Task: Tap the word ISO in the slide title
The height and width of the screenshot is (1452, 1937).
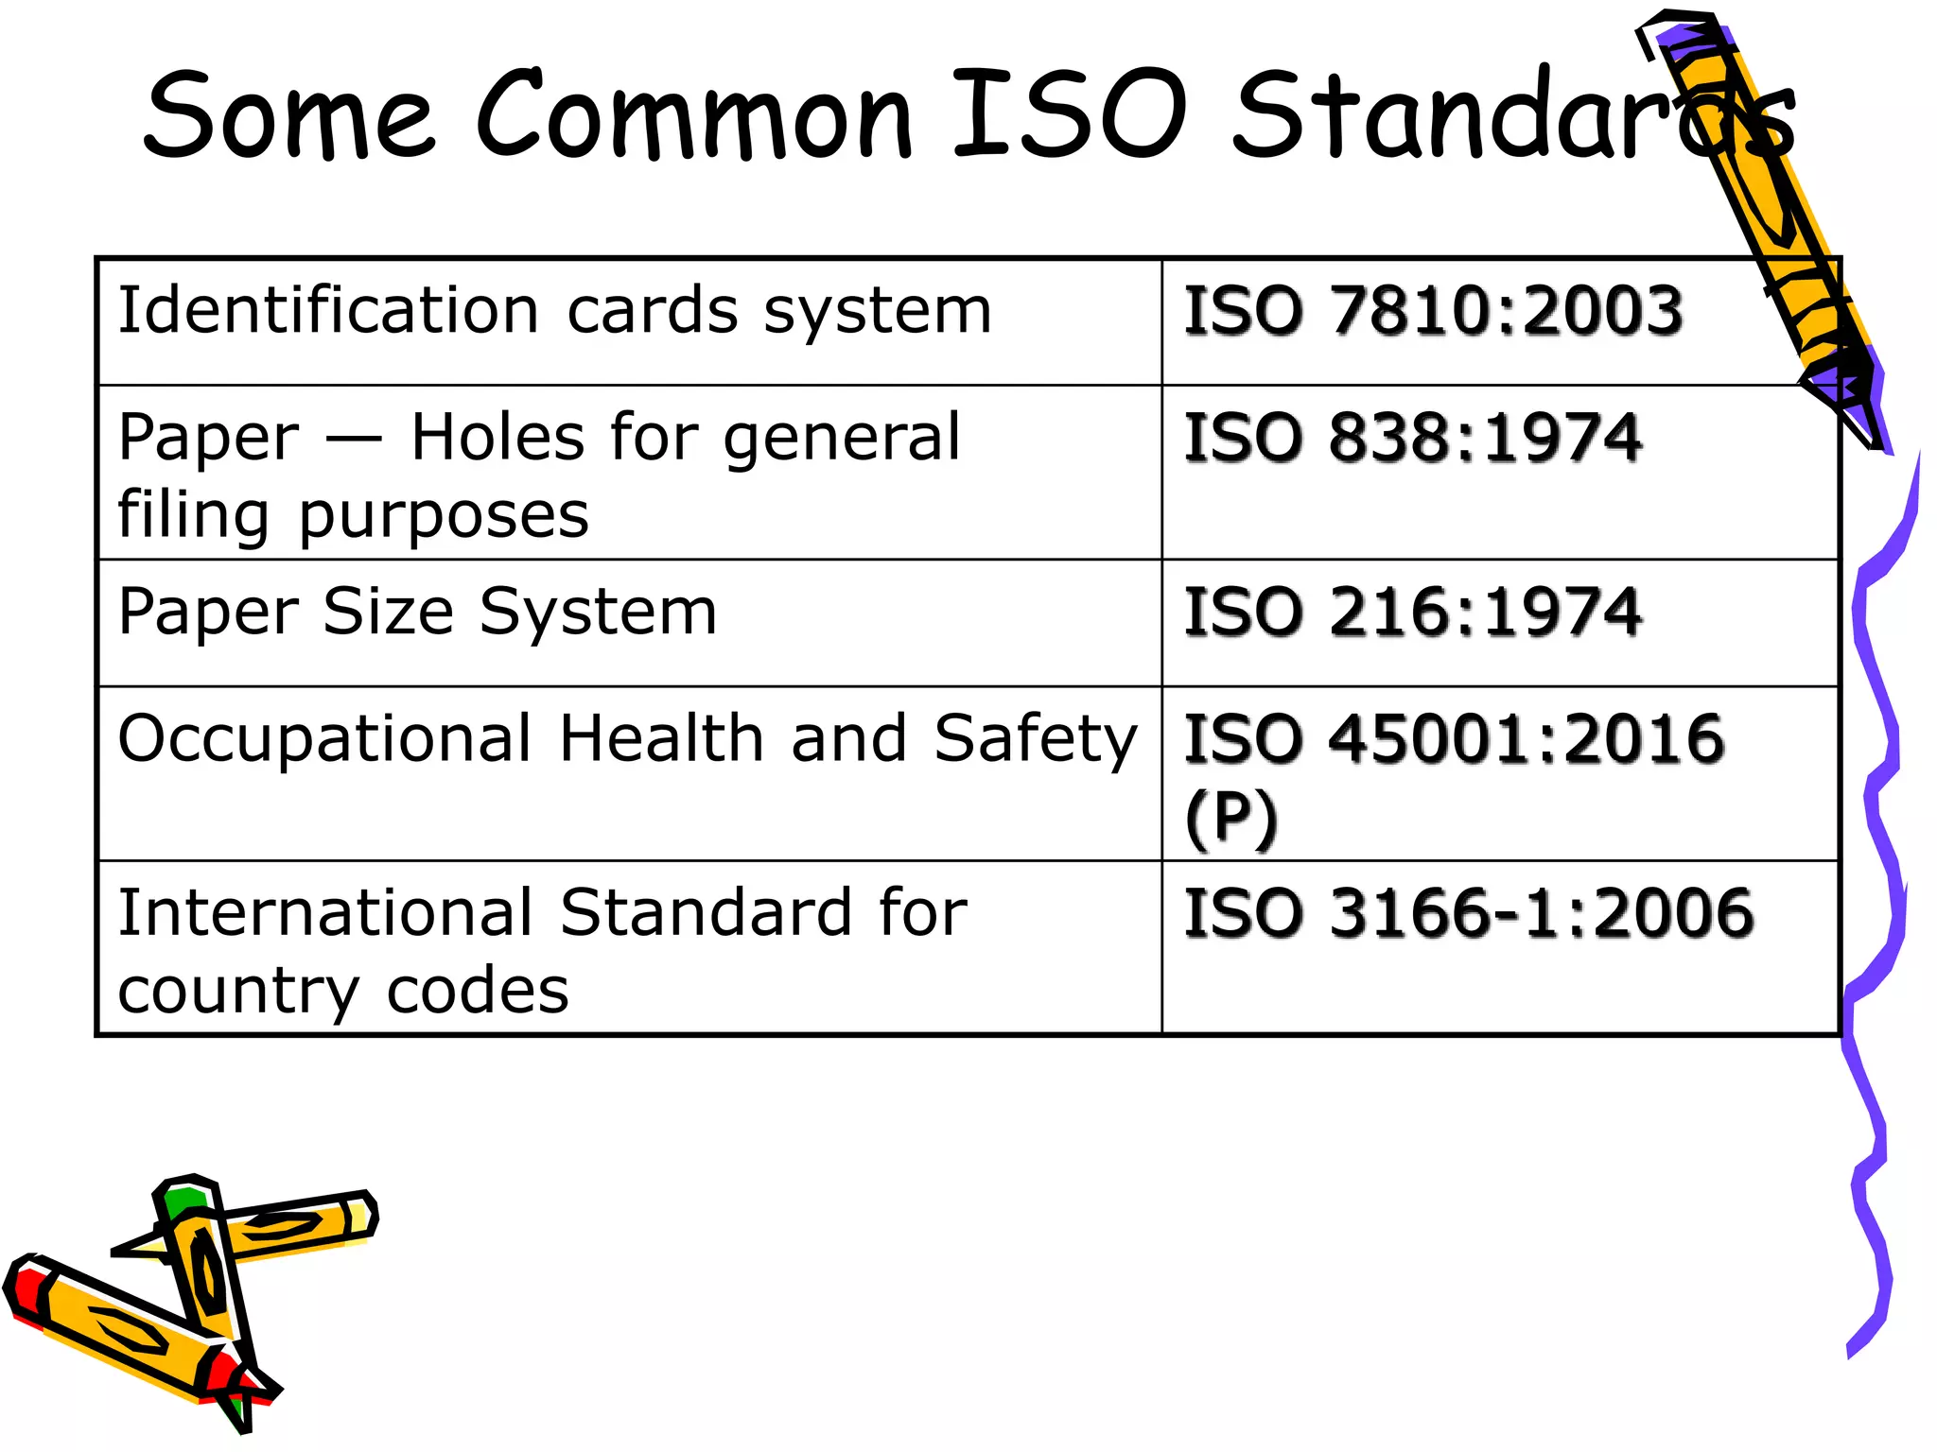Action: click(x=1069, y=115)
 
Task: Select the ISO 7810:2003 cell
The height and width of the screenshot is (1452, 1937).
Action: click(x=1433, y=311)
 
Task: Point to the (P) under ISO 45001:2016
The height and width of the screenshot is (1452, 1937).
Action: click(x=1230, y=818)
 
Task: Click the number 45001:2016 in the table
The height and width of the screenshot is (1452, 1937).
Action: click(x=1527, y=739)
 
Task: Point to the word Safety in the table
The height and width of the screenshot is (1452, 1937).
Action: click(x=1035, y=739)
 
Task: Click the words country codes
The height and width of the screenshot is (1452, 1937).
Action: click(x=343, y=992)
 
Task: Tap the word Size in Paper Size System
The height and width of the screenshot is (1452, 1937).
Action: click(x=388, y=613)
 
